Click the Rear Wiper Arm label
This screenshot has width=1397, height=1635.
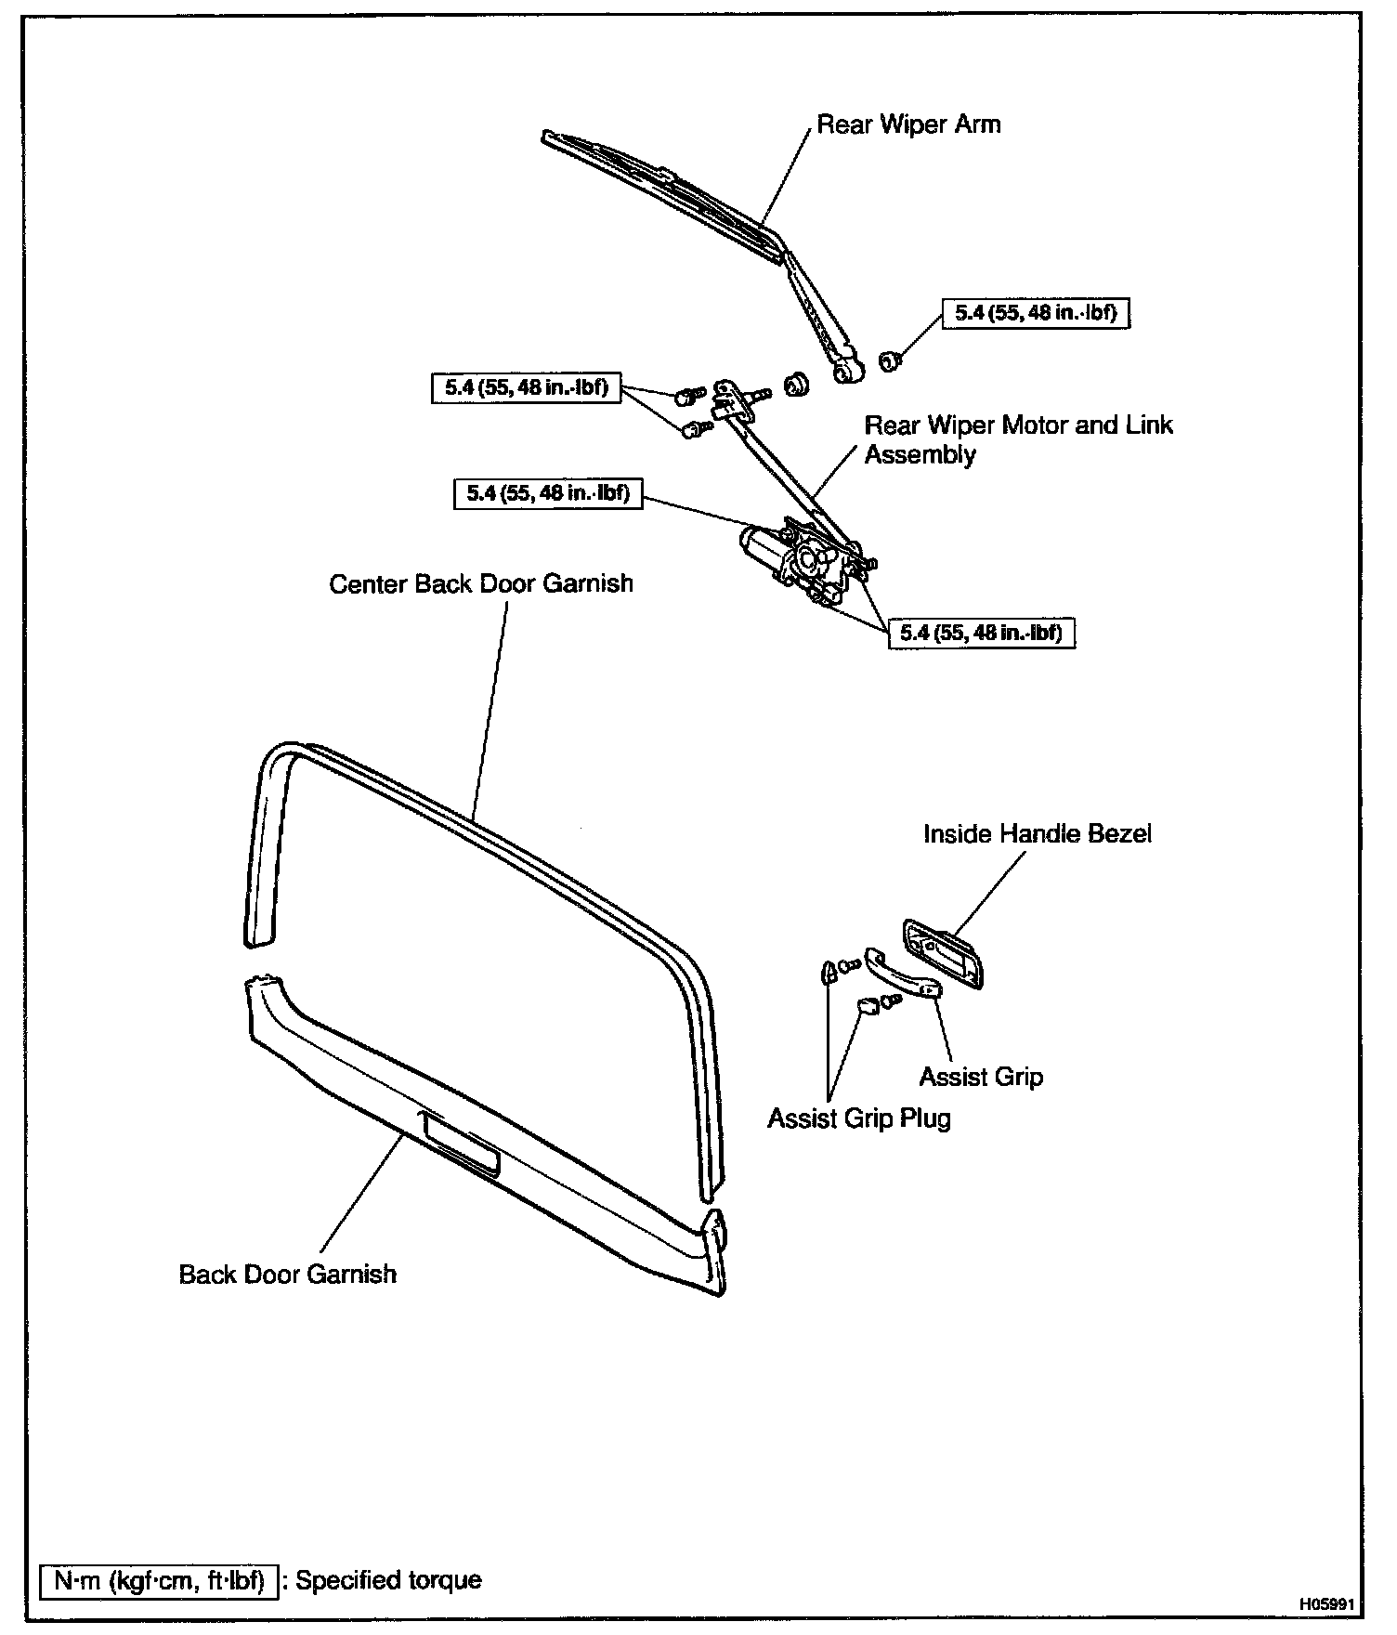tap(908, 124)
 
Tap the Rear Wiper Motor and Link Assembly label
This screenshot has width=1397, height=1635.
tap(1018, 439)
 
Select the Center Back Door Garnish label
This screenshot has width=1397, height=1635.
tap(481, 583)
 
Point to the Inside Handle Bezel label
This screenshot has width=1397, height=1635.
tap(1037, 833)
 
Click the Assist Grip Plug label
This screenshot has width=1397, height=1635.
tap(859, 1118)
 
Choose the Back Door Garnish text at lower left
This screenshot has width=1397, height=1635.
tap(287, 1273)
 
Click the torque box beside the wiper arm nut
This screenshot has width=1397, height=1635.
tap(1035, 314)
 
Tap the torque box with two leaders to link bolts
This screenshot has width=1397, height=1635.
tap(526, 387)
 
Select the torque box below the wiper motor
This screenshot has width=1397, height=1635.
tap(981, 634)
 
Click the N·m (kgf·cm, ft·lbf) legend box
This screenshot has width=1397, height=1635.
tap(159, 1580)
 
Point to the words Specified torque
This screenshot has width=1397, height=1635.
tap(388, 1580)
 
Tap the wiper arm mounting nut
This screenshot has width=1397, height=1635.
tap(889, 360)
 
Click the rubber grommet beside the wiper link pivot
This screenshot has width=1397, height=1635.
tap(795, 384)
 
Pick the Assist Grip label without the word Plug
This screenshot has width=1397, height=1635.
tap(981, 1077)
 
